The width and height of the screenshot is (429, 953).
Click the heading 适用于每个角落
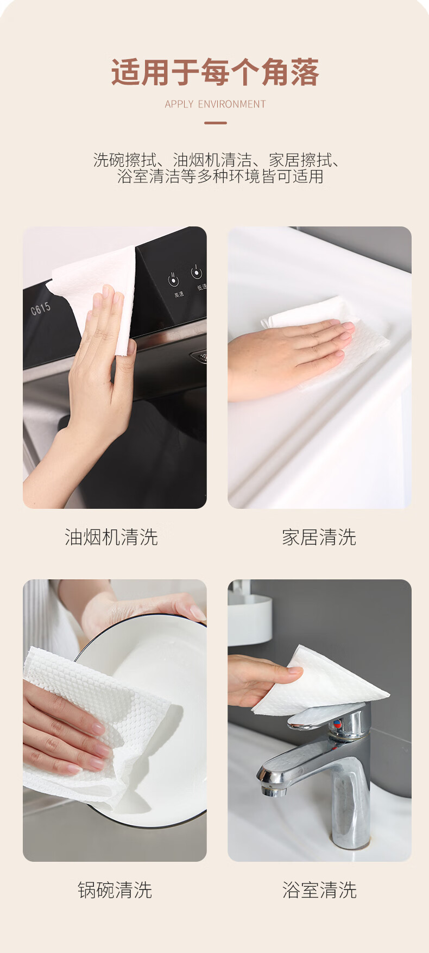(x=215, y=73)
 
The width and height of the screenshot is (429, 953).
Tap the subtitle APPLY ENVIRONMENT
(x=215, y=104)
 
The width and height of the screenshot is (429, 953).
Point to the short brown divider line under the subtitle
(x=215, y=123)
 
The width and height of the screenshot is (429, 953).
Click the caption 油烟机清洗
(x=111, y=537)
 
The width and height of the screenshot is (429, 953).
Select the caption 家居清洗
(x=319, y=537)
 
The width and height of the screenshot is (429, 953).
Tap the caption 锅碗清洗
(x=115, y=890)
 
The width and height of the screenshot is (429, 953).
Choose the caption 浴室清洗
(x=319, y=890)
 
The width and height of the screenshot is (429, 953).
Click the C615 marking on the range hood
(x=41, y=308)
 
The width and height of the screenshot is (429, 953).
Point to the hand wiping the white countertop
(x=288, y=356)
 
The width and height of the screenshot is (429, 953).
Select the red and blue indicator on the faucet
(x=338, y=724)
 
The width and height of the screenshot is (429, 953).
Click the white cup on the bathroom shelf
(x=249, y=620)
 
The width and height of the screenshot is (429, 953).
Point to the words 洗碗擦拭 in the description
(x=125, y=160)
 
